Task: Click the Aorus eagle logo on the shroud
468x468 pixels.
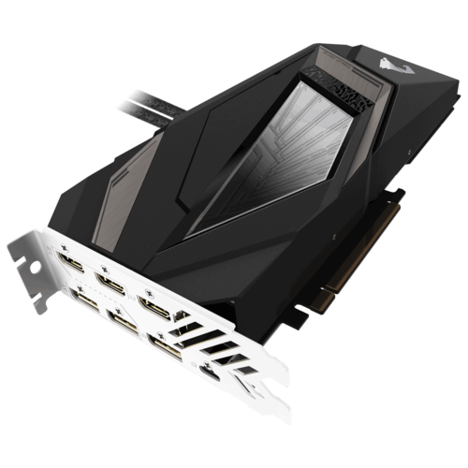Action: (x=359, y=63)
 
